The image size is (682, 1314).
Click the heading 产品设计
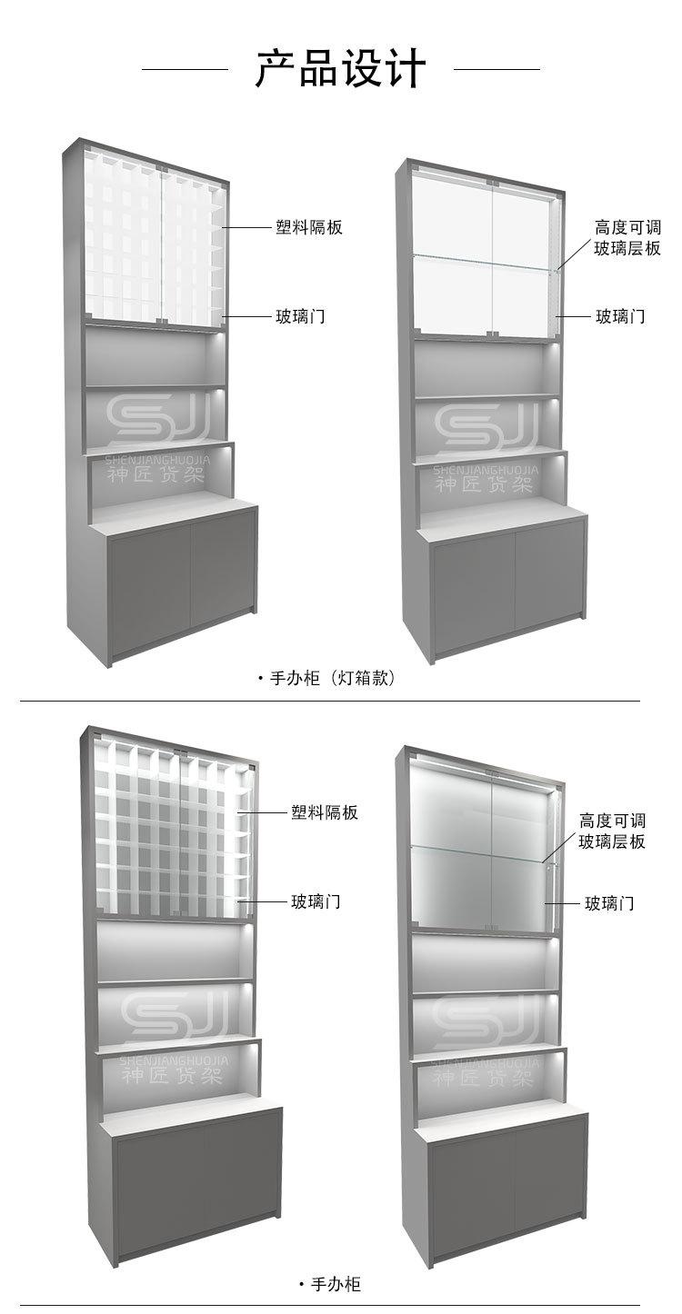point(341,69)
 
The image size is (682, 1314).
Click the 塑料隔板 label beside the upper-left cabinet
point(309,227)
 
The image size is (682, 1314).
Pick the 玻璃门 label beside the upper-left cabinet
point(300,316)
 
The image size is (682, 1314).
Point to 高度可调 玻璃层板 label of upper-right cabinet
point(627,237)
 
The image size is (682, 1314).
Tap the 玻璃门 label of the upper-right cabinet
point(620,316)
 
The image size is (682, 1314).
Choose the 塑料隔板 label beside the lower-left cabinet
point(325,812)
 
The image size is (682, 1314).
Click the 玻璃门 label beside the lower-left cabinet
point(316,901)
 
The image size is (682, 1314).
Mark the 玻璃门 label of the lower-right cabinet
point(609,902)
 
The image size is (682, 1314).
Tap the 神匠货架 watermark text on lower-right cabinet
point(484,1078)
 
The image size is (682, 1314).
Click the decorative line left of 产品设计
point(186,69)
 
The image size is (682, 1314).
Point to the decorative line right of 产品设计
point(496,69)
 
